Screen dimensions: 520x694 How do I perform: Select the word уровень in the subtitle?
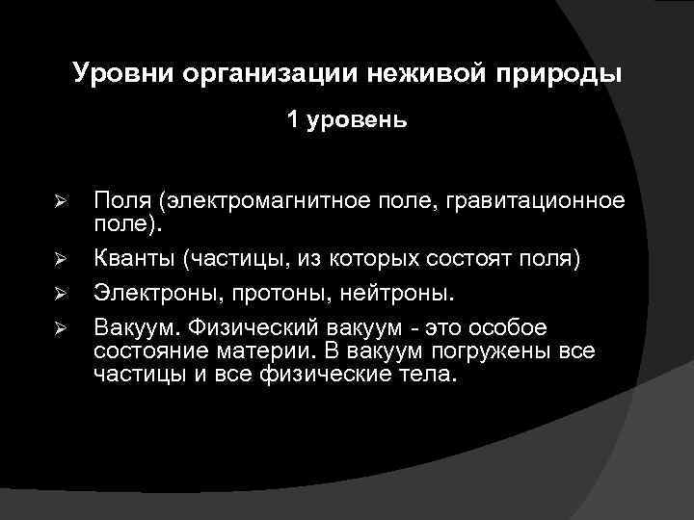coord(357,121)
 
